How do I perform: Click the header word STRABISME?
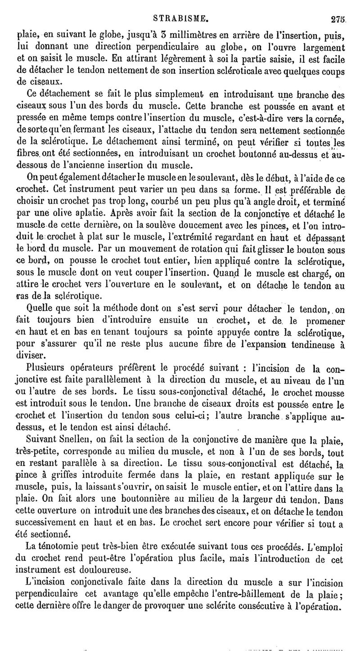(x=180, y=19)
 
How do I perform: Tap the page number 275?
(x=337, y=19)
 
